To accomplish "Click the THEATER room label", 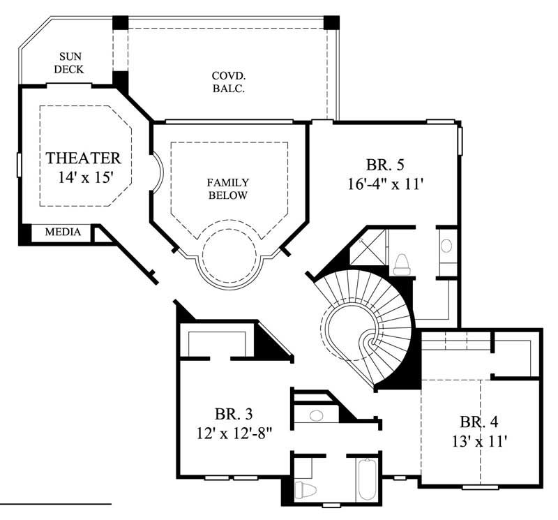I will [83, 158].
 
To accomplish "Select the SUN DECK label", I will [69, 63].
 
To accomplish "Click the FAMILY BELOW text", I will [227, 189].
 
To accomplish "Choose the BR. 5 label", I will [385, 165].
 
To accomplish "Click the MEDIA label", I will [63, 232].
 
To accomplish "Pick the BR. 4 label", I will [478, 422].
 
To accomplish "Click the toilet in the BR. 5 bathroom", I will [402, 264].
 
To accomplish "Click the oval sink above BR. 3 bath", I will [316, 415].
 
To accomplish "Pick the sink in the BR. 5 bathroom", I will [446, 246].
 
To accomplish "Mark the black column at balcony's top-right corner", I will [332, 22].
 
